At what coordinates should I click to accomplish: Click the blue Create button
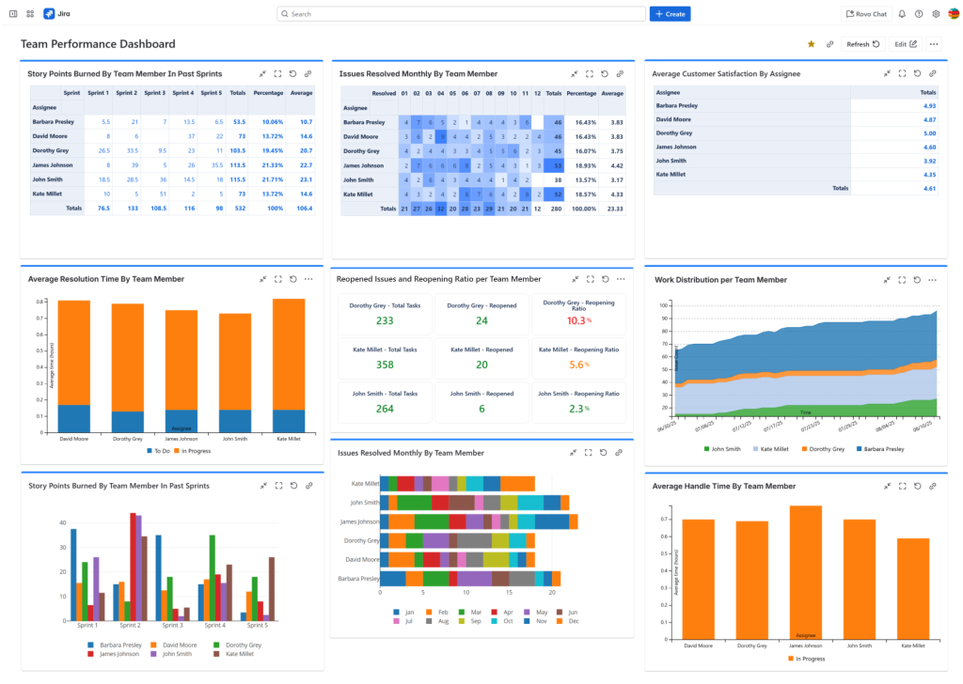coord(670,14)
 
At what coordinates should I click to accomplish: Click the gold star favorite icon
coord(811,44)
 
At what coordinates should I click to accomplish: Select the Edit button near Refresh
coord(906,44)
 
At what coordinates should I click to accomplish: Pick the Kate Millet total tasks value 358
coord(384,365)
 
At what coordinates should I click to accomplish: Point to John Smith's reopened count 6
coord(481,409)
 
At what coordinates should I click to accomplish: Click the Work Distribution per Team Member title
coord(719,279)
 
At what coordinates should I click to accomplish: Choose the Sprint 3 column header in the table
coord(155,93)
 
